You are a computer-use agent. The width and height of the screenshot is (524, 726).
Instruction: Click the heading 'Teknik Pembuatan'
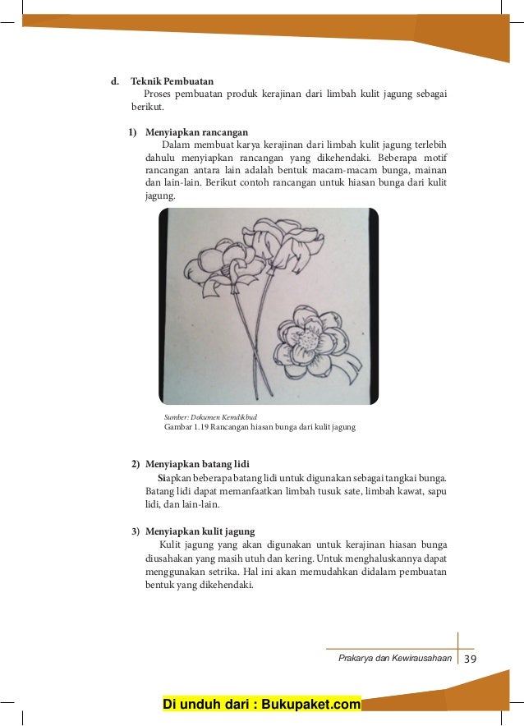point(172,81)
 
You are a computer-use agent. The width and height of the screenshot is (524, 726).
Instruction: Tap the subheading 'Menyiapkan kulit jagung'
point(200,531)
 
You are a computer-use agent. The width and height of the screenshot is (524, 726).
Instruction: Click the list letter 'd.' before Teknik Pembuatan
point(116,81)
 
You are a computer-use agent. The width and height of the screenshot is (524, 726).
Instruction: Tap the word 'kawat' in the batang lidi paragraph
point(387,490)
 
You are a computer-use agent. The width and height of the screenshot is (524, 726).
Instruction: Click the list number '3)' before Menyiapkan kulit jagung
point(137,531)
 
